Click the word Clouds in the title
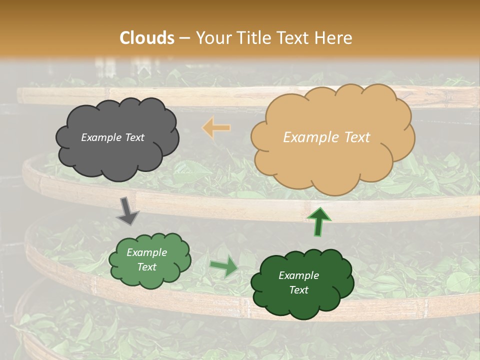click(147, 38)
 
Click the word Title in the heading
click(253, 38)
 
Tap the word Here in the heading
click(335, 38)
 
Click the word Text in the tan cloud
click(356, 137)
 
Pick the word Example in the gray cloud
click(101, 137)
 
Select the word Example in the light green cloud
click(146, 252)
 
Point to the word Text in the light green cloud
click(146, 267)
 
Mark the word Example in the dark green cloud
click(298, 275)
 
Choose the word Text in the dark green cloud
click(298, 290)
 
